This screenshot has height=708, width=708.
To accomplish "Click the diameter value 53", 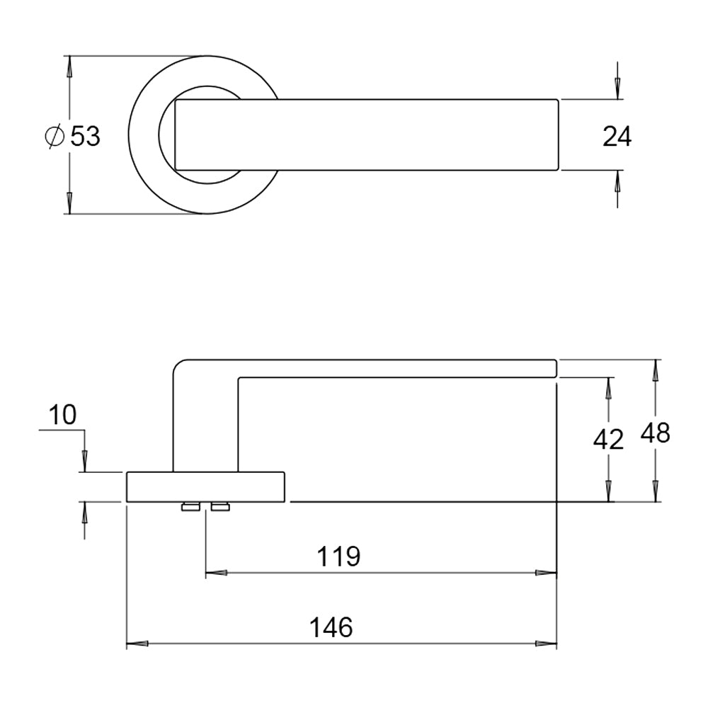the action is tap(86, 135).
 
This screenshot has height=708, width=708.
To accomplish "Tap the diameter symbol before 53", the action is tap(55, 136).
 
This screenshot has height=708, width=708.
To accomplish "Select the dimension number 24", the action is tap(617, 137).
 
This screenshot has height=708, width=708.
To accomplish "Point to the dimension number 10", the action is tap(63, 415).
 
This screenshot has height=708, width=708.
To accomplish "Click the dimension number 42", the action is tap(608, 440).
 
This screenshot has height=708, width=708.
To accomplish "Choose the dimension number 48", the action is tap(655, 433).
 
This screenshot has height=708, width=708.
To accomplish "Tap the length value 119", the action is tap(338, 556).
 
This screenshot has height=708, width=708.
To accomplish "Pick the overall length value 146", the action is tap(331, 627).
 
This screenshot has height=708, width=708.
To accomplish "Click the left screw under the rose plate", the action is tap(190, 506).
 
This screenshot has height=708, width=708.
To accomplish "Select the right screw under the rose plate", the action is tap(220, 506).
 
